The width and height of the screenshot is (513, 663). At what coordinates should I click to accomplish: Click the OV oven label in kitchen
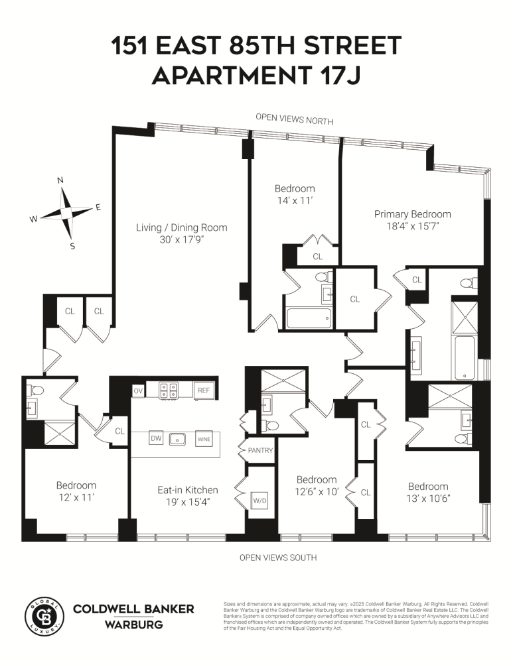(138, 391)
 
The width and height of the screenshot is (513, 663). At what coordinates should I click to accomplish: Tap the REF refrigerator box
(203, 391)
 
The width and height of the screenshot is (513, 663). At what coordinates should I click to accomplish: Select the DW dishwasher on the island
(156, 438)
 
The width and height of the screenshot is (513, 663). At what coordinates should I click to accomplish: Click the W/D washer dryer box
(259, 500)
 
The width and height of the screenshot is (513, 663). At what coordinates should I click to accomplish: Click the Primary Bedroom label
(412, 214)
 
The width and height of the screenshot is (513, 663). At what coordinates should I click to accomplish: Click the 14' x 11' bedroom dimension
(295, 200)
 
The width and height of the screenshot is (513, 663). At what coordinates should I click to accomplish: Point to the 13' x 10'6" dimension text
(428, 498)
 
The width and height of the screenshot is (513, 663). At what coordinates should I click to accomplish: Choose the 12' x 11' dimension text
(76, 497)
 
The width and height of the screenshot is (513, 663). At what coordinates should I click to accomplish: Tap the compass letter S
(72, 247)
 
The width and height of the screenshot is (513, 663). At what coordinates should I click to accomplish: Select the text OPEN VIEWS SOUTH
(277, 558)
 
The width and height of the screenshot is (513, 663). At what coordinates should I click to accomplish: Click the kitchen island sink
(177, 438)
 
